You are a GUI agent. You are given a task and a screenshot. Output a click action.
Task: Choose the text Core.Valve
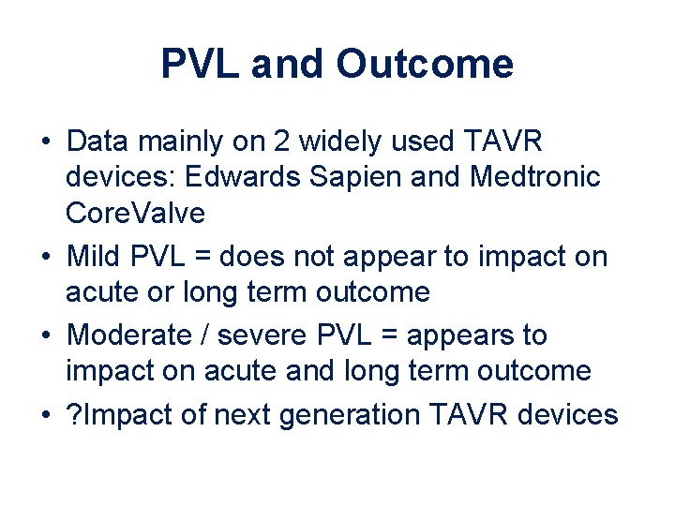[135, 213]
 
